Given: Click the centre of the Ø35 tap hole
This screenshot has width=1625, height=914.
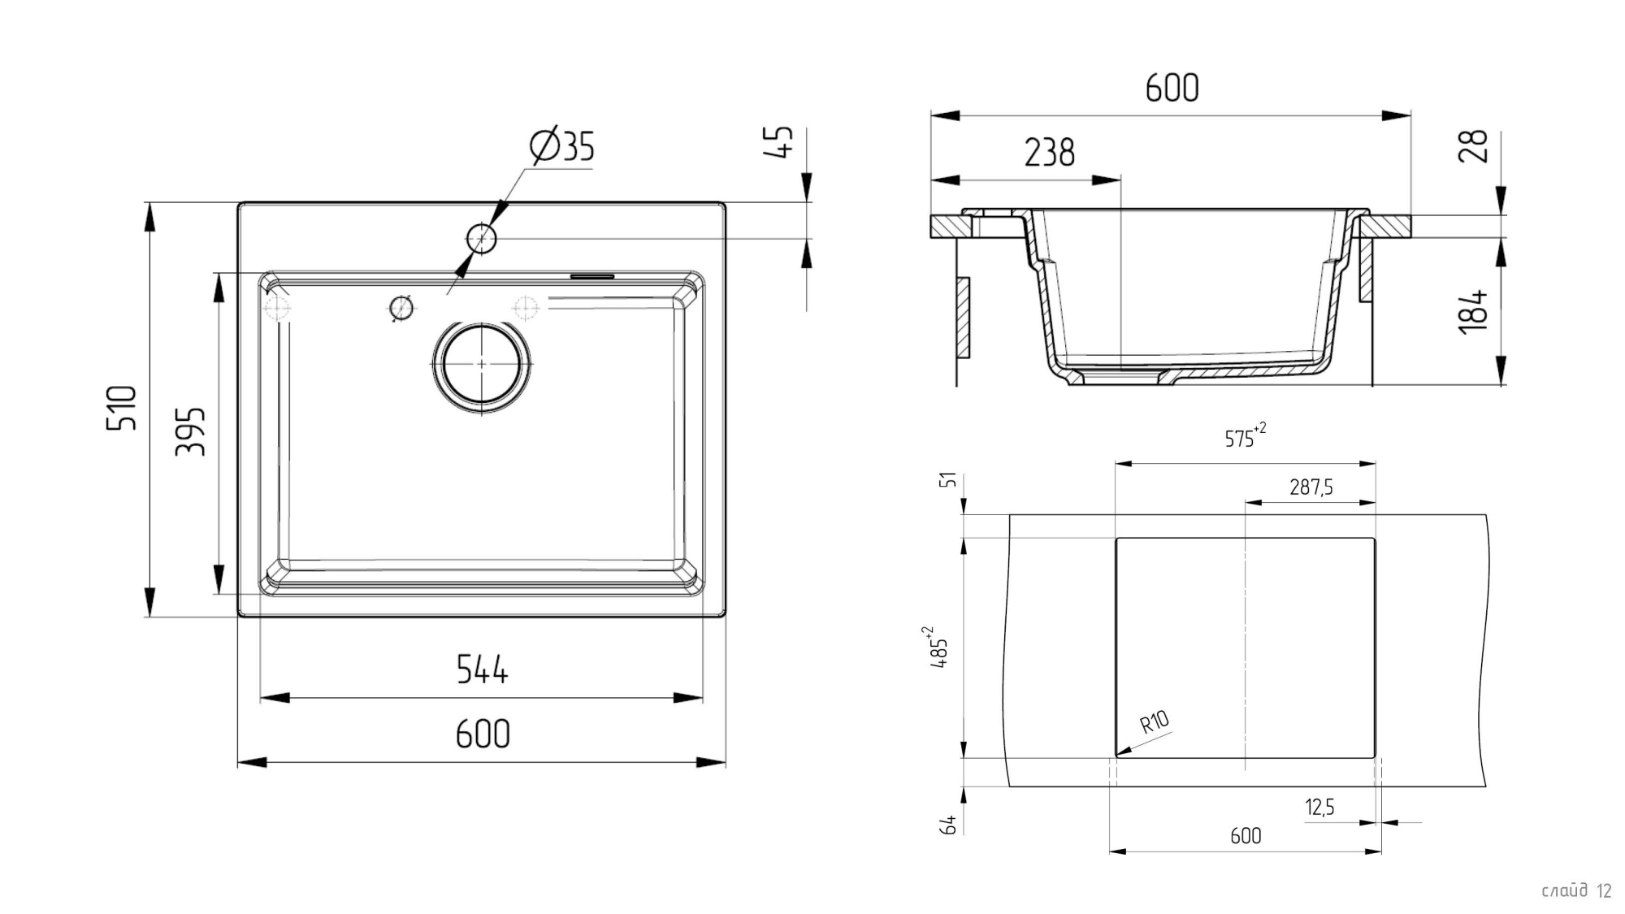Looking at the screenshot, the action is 481,239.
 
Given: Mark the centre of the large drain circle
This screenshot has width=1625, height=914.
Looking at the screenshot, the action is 482,365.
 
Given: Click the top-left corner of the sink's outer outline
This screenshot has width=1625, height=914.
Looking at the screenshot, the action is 238,202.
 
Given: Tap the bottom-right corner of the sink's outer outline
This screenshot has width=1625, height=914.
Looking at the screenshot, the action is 726,617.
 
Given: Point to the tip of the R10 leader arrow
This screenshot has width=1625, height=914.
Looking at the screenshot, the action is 1116,756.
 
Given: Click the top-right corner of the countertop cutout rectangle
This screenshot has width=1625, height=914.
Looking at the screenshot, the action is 1375,538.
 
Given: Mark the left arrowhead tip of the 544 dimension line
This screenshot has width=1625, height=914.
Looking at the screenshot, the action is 260,697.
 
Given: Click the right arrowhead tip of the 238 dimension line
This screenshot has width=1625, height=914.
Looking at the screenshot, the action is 1120,180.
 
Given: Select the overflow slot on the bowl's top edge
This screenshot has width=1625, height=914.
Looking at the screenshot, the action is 592,276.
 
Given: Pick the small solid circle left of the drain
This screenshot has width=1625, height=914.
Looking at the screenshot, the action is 401,308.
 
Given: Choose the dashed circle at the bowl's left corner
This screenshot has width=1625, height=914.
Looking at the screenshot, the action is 277,309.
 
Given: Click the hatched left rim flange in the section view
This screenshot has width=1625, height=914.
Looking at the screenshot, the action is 947,227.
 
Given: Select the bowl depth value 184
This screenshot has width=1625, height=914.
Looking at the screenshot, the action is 1472,310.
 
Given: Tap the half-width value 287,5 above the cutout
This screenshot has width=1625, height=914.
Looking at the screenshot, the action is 1311,487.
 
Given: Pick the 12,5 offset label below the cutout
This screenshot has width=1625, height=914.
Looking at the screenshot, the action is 1319,807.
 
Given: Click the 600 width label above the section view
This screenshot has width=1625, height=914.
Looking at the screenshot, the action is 1172,88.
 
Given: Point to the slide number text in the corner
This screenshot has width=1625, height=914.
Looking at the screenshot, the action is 1576,890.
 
